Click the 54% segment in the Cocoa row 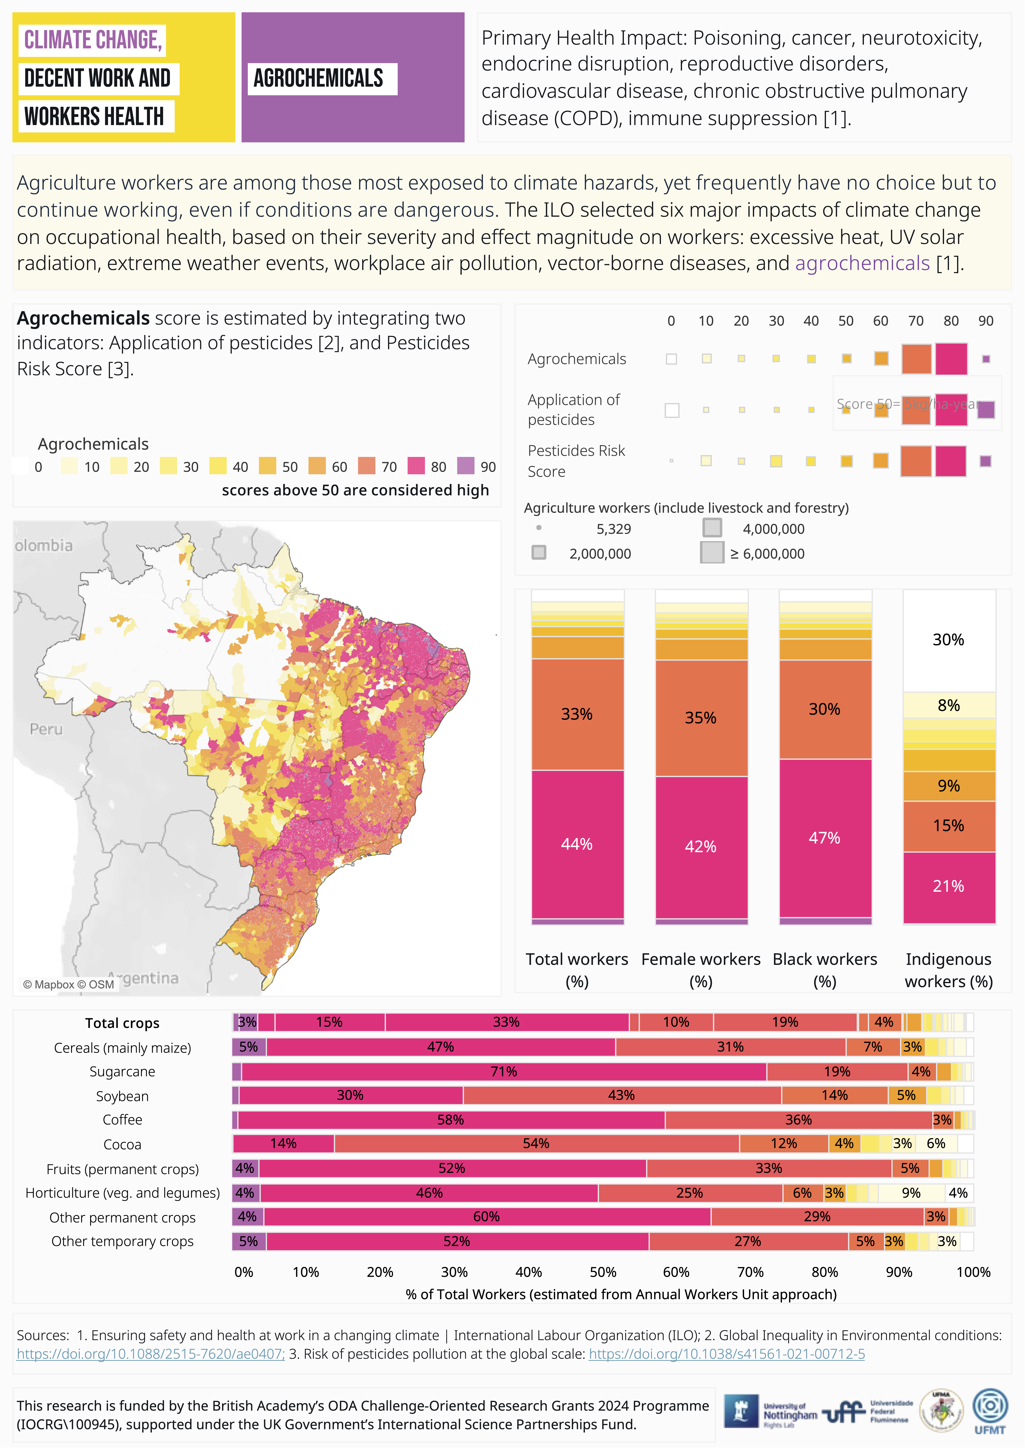[x=536, y=1144]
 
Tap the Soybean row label [x=122, y=1096]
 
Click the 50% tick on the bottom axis [x=603, y=1273]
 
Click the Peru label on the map [x=46, y=729]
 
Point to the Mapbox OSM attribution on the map [x=69, y=985]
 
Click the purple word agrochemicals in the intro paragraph [x=862, y=263]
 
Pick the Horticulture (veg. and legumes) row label [x=122, y=1193]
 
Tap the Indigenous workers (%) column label [x=949, y=970]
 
